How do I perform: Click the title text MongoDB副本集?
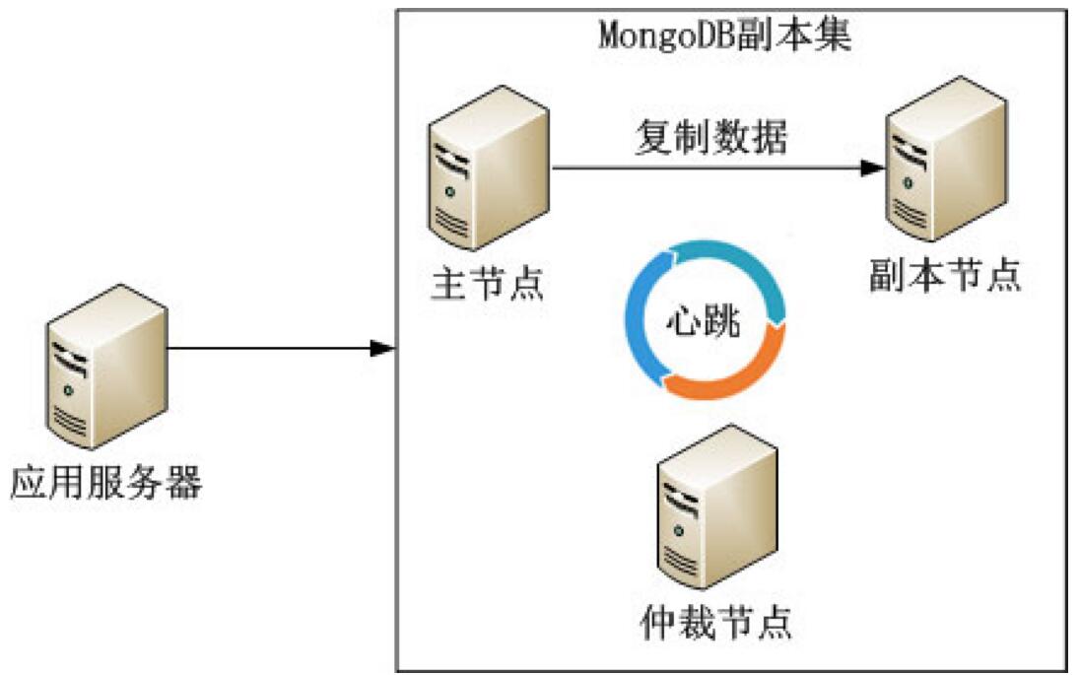point(724,36)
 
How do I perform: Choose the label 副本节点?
point(944,276)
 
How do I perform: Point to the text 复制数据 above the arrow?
point(709,138)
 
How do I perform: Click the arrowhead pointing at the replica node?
point(872,169)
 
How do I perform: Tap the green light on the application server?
point(68,391)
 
